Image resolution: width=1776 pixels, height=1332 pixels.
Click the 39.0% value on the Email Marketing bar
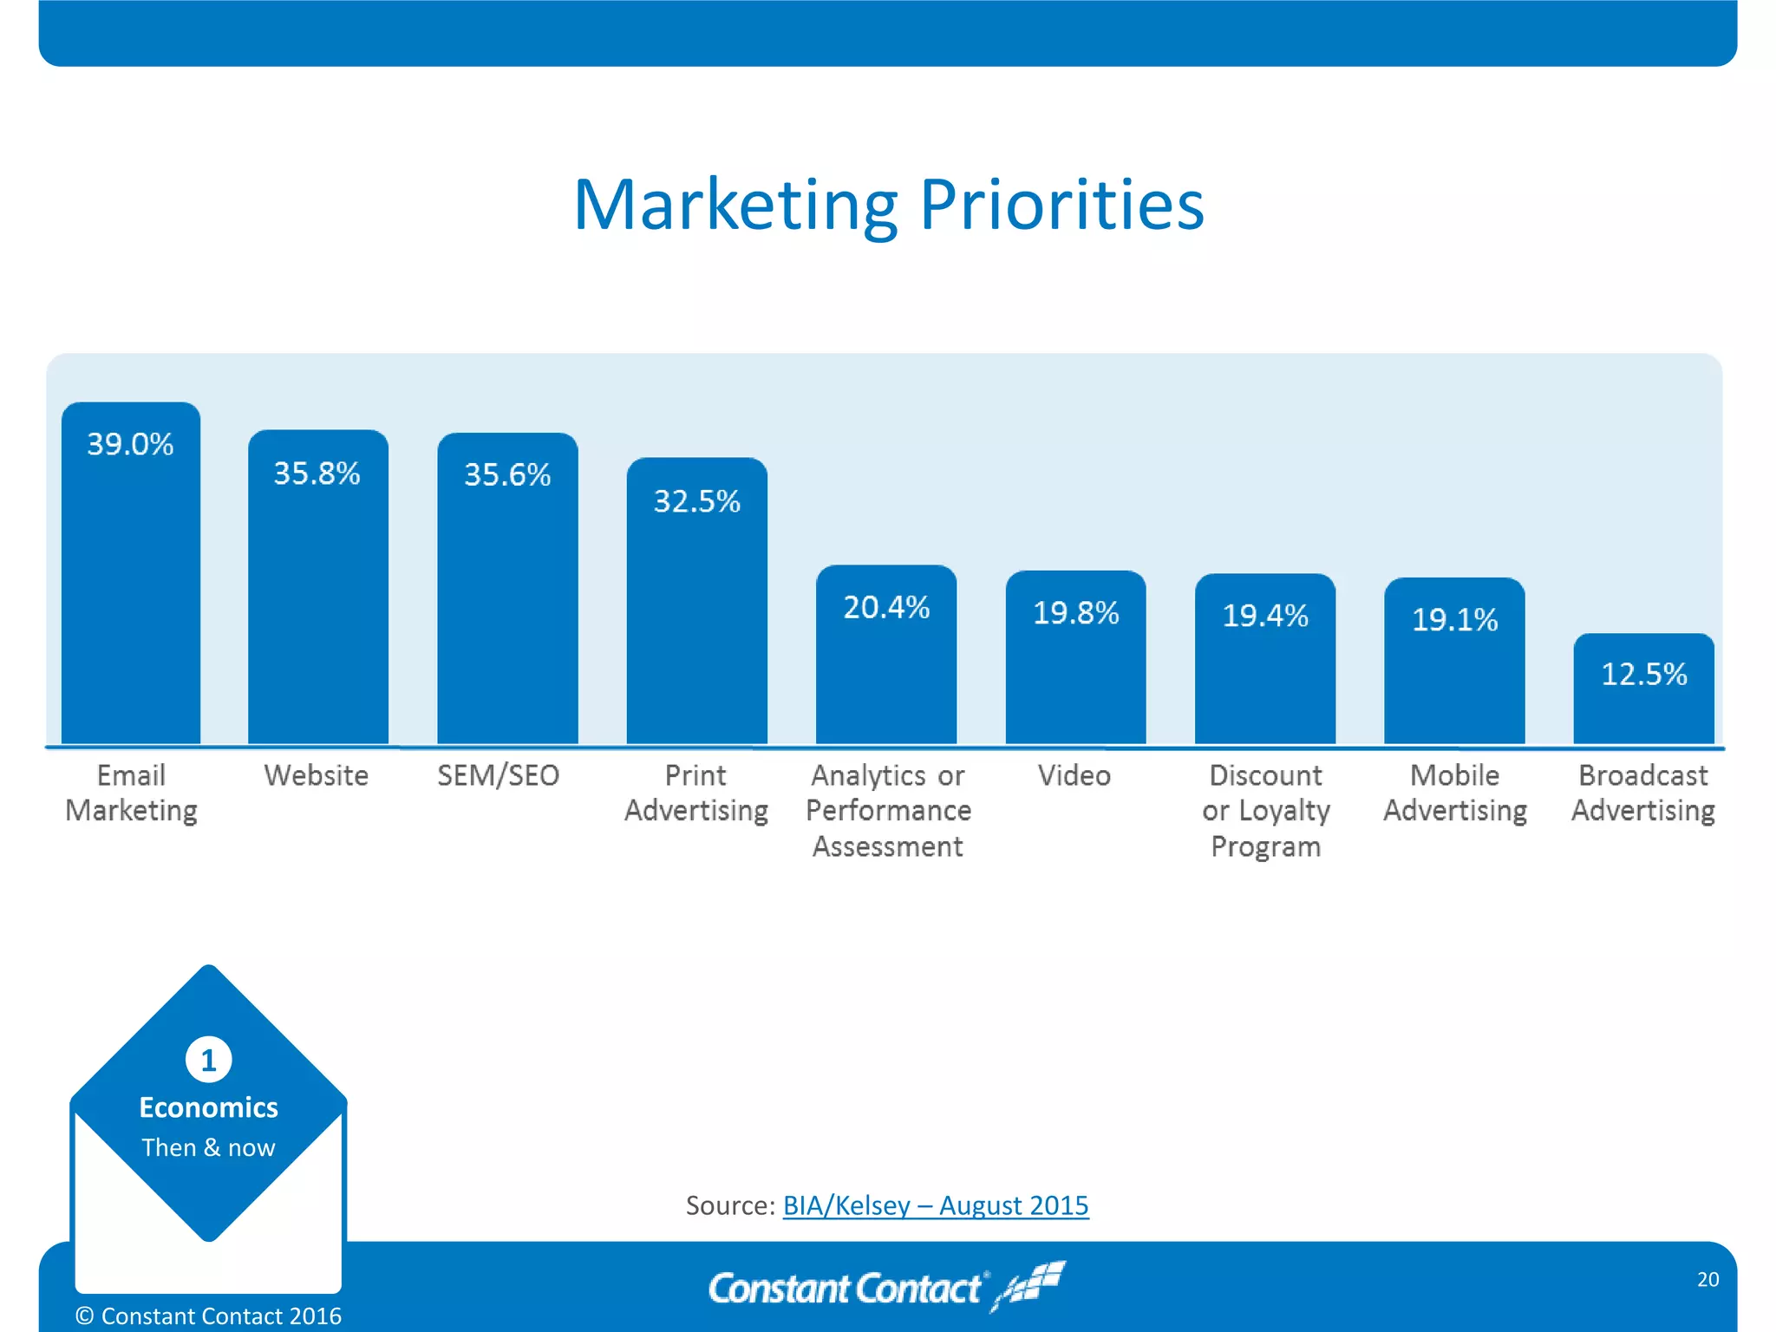coord(130,445)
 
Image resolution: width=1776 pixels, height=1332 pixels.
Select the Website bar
coord(317,607)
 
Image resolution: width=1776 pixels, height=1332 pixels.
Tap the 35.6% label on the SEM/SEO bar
coord(507,475)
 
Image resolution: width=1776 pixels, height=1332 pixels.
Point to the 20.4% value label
coord(886,608)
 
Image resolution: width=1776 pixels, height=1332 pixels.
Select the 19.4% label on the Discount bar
coord(1264,616)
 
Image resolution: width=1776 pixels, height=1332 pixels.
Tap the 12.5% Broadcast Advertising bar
coord(1643,694)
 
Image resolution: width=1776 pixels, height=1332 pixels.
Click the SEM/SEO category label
coord(498,775)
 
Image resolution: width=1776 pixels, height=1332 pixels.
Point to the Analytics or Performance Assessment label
coord(888,810)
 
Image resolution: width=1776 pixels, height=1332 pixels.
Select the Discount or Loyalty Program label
coord(1265,810)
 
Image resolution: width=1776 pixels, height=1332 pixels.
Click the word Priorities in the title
coord(1061,206)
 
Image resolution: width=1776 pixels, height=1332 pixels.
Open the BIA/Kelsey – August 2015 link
coord(936,1205)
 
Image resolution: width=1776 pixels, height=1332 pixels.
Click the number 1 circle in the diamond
coord(208,1060)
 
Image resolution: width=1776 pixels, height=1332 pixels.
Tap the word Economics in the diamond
coord(208,1107)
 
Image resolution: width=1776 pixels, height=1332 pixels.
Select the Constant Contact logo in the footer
coord(885,1287)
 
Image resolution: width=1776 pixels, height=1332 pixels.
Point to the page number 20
coord(1707,1279)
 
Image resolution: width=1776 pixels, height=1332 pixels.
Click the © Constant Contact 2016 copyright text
coord(208,1316)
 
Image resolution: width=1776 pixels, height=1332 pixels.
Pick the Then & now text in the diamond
coord(208,1147)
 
